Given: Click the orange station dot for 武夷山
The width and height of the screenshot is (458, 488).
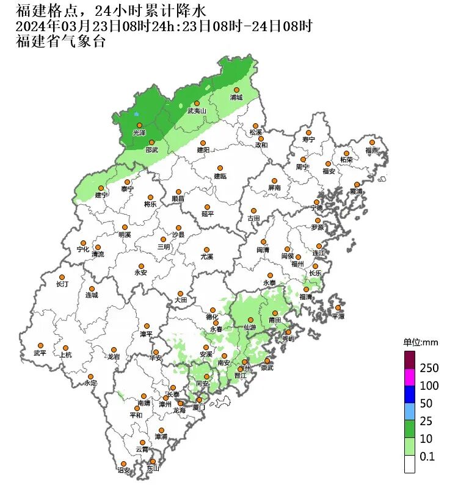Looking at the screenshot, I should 197,104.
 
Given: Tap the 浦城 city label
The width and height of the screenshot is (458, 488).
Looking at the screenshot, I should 236,98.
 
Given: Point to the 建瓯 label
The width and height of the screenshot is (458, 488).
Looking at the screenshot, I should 220,176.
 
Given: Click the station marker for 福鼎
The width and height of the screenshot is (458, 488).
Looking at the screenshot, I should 372,142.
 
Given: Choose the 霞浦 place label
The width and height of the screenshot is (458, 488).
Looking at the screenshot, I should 355,192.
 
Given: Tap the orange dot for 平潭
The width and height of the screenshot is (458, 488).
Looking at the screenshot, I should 338,308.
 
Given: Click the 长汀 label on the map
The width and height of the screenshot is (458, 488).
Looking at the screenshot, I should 63,284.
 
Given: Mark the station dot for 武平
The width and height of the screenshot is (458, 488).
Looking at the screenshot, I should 40,345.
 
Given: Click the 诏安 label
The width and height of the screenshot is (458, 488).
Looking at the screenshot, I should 124,471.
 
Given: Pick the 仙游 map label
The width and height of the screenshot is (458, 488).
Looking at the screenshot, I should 250,328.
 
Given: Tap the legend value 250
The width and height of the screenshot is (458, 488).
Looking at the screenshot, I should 429,368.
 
